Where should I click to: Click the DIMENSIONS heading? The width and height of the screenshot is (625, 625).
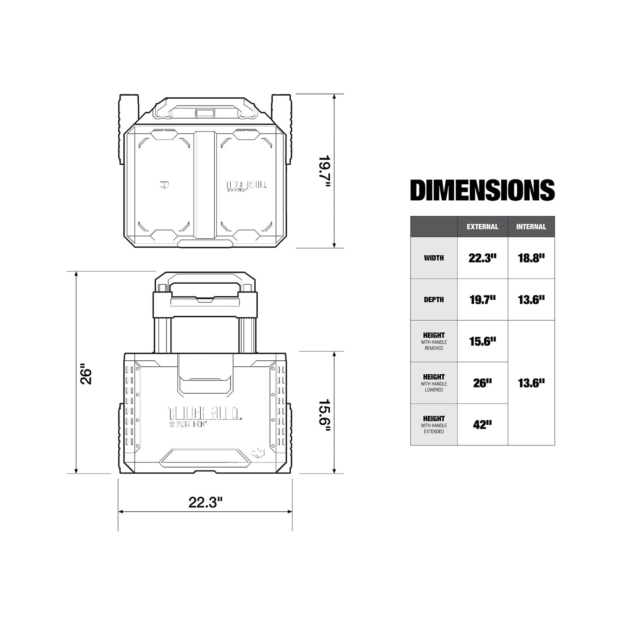click(482, 191)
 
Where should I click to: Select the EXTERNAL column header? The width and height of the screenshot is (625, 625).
click(482, 227)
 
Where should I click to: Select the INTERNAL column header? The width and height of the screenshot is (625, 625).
click(531, 227)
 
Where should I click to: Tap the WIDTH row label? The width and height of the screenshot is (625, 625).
click(433, 258)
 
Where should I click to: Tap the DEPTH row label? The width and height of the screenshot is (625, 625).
click(433, 300)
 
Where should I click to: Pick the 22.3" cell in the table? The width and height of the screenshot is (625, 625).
click(482, 258)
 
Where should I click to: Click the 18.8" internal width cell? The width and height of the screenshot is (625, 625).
click(531, 258)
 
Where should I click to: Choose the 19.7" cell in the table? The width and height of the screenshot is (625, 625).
click(482, 300)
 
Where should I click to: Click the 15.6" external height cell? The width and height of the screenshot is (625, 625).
click(482, 341)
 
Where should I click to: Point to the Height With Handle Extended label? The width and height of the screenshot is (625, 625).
click(433, 424)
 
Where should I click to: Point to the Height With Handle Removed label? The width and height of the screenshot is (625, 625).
click(433, 341)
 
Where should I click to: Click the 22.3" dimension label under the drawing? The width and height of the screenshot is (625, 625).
click(205, 503)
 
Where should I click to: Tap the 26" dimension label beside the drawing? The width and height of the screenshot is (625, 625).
click(87, 376)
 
